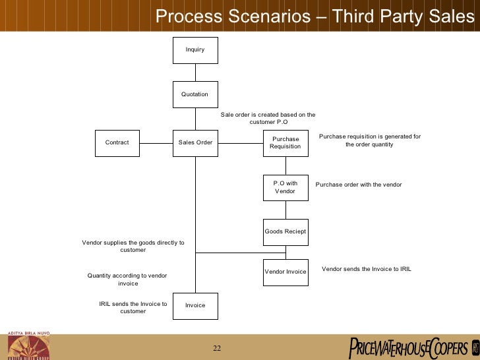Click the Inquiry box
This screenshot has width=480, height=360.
pos(195,50)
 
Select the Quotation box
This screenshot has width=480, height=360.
pos(195,94)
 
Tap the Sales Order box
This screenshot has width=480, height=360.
pos(195,142)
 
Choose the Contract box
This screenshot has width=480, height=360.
pos(117,142)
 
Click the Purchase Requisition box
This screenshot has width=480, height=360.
pos(285,142)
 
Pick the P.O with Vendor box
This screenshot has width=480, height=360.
pos(285,187)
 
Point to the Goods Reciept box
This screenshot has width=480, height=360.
pos(285,231)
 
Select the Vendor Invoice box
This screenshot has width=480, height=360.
pos(285,272)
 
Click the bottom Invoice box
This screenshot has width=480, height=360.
pos(195,305)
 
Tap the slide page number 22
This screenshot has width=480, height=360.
pos(217,348)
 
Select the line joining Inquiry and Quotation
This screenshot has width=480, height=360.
pos(195,73)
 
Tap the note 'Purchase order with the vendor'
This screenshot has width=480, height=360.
pos(359,185)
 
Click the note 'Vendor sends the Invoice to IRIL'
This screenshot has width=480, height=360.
pos(366,269)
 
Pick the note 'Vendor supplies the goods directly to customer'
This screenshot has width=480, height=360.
pos(133,247)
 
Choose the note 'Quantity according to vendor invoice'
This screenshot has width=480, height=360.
pos(127,280)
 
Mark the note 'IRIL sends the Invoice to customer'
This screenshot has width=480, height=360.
pos(133,307)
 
